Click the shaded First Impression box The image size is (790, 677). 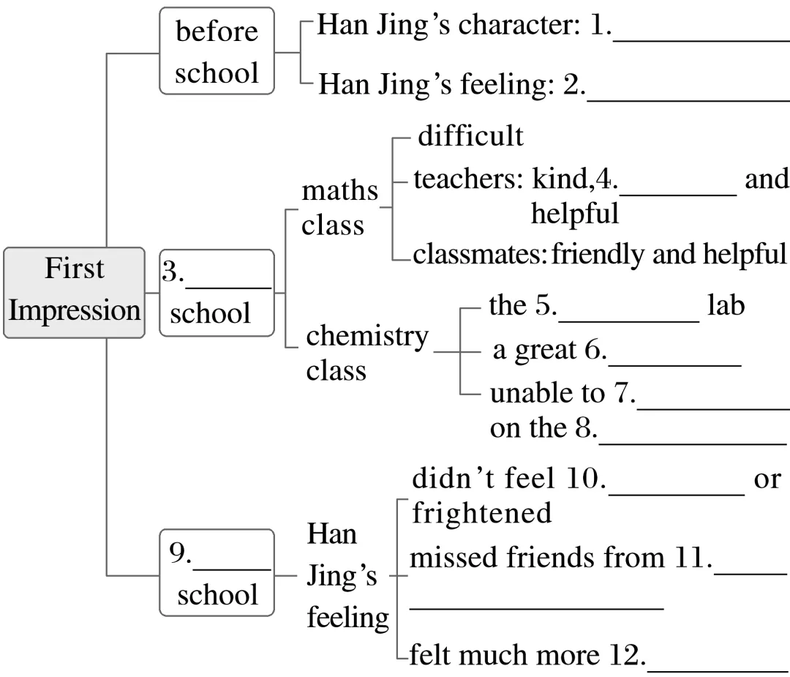coord(74,292)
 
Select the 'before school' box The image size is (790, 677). coord(217,51)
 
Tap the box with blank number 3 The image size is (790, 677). coord(217,292)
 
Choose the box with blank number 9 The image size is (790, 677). coord(217,572)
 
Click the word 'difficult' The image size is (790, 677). coord(470,136)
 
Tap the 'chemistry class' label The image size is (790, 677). coord(366,353)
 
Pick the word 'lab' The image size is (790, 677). coord(726,305)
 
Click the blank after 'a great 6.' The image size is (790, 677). coord(674,358)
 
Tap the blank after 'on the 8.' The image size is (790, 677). coord(692,437)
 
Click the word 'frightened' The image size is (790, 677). coord(482,513)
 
